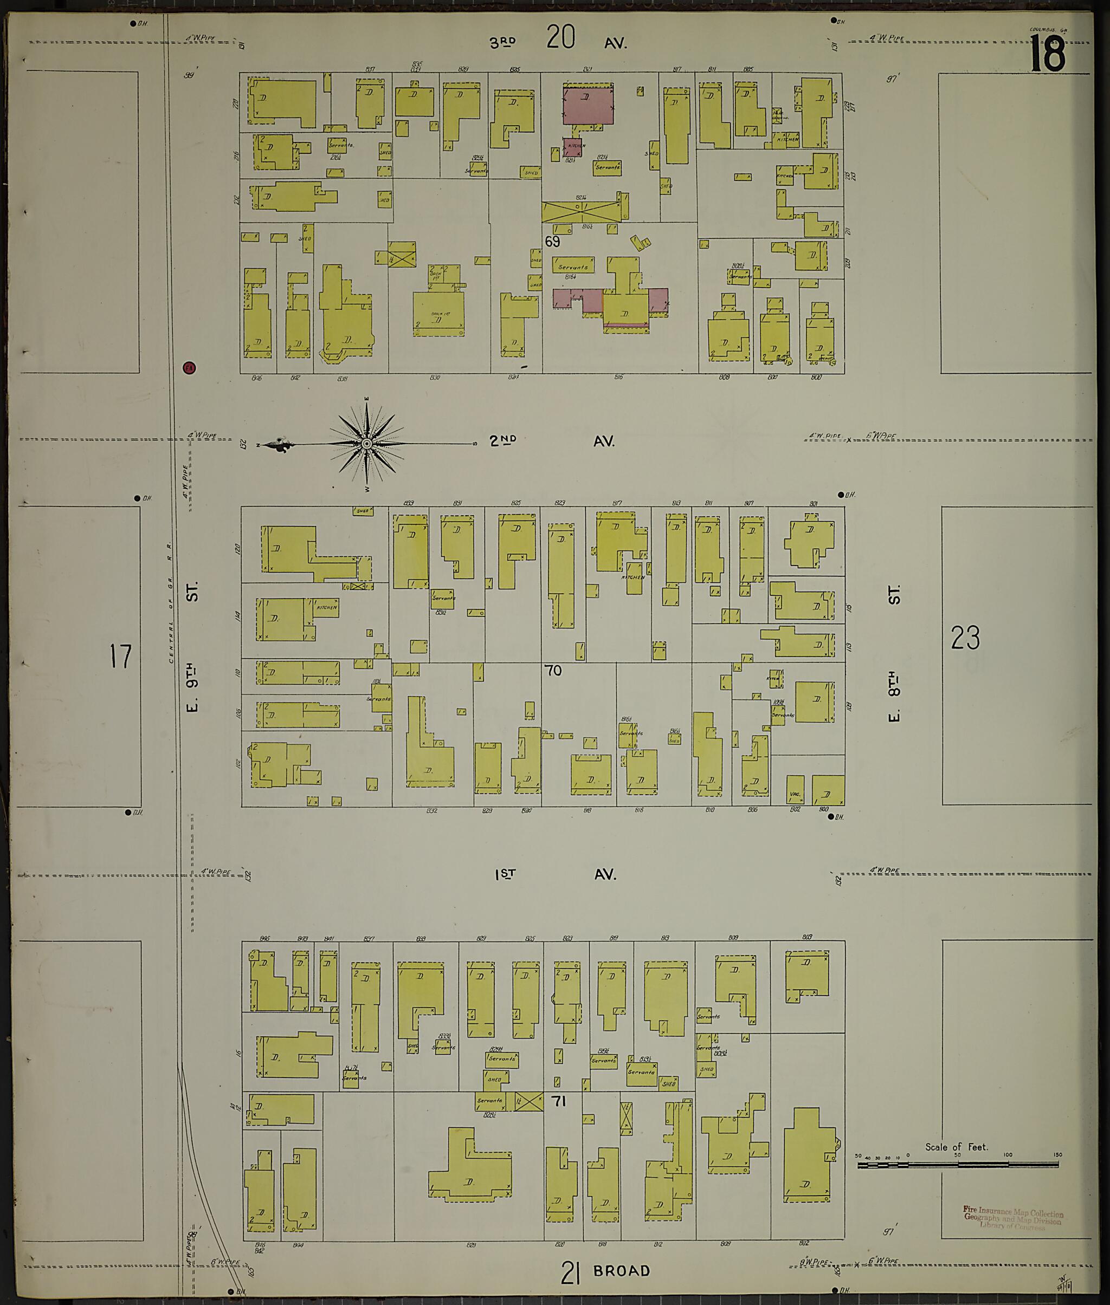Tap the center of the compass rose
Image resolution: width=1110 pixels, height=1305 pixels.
pyautogui.click(x=366, y=445)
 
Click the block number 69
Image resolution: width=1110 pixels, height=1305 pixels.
pyautogui.click(x=552, y=242)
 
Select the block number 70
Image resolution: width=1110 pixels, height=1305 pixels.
pyautogui.click(x=553, y=671)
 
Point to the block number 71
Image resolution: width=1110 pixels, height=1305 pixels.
pyautogui.click(x=559, y=1101)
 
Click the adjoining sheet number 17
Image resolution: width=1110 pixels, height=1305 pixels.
pyautogui.click(x=120, y=656)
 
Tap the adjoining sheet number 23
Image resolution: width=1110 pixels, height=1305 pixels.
pyautogui.click(x=965, y=638)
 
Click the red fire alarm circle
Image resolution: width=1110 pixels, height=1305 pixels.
pyautogui.click(x=189, y=367)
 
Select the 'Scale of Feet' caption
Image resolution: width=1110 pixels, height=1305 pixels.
pyautogui.click(x=957, y=1146)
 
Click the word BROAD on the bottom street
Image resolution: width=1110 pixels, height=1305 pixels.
pyautogui.click(x=621, y=1270)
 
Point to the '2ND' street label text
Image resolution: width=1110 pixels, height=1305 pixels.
pyautogui.click(x=504, y=441)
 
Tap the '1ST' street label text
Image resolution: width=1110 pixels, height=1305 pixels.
pyautogui.click(x=505, y=874)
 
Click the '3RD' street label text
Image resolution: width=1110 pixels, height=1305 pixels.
pyautogui.click(x=504, y=43)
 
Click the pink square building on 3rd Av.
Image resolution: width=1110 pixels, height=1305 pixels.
pyautogui.click(x=588, y=106)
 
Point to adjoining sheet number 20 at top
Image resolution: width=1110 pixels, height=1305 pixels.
pyautogui.click(x=560, y=36)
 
